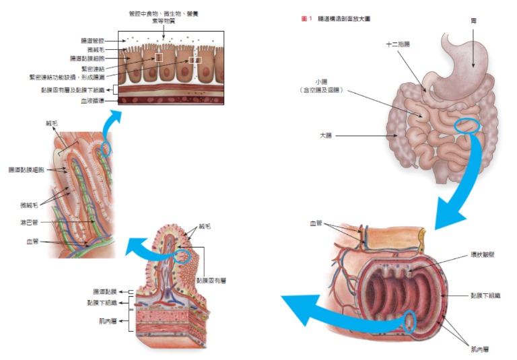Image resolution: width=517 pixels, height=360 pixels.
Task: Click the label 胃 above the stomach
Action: click(x=473, y=21)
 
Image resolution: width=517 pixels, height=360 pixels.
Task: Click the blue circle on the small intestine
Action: click(x=467, y=125)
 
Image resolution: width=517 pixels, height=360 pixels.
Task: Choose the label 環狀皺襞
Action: click(x=483, y=256)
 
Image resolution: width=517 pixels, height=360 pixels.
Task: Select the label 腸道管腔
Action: click(x=96, y=41)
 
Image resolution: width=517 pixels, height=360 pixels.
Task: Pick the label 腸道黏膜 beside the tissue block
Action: click(x=104, y=291)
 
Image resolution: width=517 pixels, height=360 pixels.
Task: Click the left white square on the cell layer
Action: click(x=158, y=58)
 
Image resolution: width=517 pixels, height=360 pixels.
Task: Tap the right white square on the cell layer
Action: click(x=195, y=61)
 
